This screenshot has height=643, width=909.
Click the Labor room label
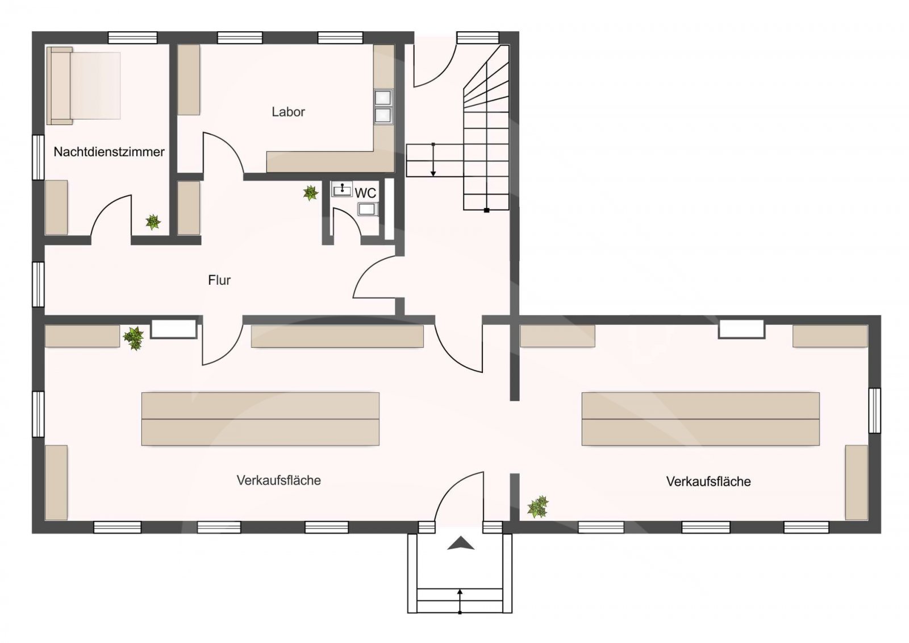tap(288, 112)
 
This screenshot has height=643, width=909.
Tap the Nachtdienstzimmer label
tap(109, 152)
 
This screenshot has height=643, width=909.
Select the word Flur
tap(219, 280)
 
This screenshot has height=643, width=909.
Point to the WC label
tap(365, 193)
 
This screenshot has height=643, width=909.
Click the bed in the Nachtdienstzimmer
tap(84, 85)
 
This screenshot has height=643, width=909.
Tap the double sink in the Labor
tap(383, 106)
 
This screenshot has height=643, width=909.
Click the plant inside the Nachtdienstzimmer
tap(153, 222)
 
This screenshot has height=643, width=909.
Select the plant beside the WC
tap(310, 193)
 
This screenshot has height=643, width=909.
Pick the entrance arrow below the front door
tap(460, 544)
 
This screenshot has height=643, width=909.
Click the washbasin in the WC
tap(342, 189)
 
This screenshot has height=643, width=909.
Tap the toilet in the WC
tap(366, 210)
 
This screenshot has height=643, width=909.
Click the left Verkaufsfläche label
tap(278, 480)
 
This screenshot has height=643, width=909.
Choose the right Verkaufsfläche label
tap(708, 482)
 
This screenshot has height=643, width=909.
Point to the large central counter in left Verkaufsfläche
tap(260, 418)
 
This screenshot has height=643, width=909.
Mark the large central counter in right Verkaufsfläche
tap(700, 418)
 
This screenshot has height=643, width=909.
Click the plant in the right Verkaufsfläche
tap(537, 507)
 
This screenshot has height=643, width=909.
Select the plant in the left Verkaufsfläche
tap(134, 338)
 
